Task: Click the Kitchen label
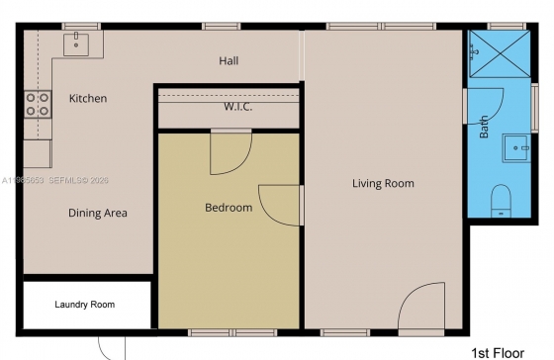pos(88,98)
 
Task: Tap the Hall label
pos(229,60)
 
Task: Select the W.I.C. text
pos(238,107)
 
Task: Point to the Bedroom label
pos(229,208)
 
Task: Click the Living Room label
pos(383,183)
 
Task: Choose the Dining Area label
pos(98,213)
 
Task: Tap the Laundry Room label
pos(85,305)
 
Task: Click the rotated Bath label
pos(484,127)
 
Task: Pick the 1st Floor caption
pos(498,353)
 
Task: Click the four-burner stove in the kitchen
pos(38,104)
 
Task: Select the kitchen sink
pos(76,45)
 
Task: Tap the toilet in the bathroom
pos(501,201)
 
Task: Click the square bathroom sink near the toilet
pos(516,148)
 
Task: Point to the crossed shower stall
pos(500,53)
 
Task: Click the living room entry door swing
pos(421,306)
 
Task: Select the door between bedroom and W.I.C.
pos(231,152)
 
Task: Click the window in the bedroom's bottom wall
pos(232,332)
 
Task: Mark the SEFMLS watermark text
pos(79,181)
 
